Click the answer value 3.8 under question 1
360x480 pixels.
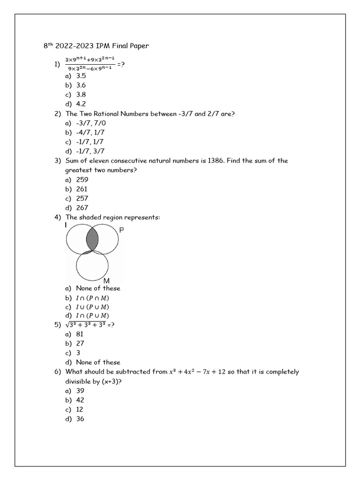click(x=81, y=95)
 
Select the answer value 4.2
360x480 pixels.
click(x=81, y=104)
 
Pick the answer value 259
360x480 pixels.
click(x=82, y=180)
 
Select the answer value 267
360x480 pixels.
click(x=82, y=208)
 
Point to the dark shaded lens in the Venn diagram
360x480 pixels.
click(x=92, y=240)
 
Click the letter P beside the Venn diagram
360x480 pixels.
click(x=121, y=231)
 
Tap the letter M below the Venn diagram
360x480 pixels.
click(x=106, y=281)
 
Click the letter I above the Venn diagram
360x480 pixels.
click(x=66, y=225)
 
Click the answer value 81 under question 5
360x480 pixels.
click(x=80, y=334)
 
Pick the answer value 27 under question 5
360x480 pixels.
click(x=80, y=344)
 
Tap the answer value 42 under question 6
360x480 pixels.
click(x=80, y=400)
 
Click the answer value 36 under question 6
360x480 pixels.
click(x=80, y=419)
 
